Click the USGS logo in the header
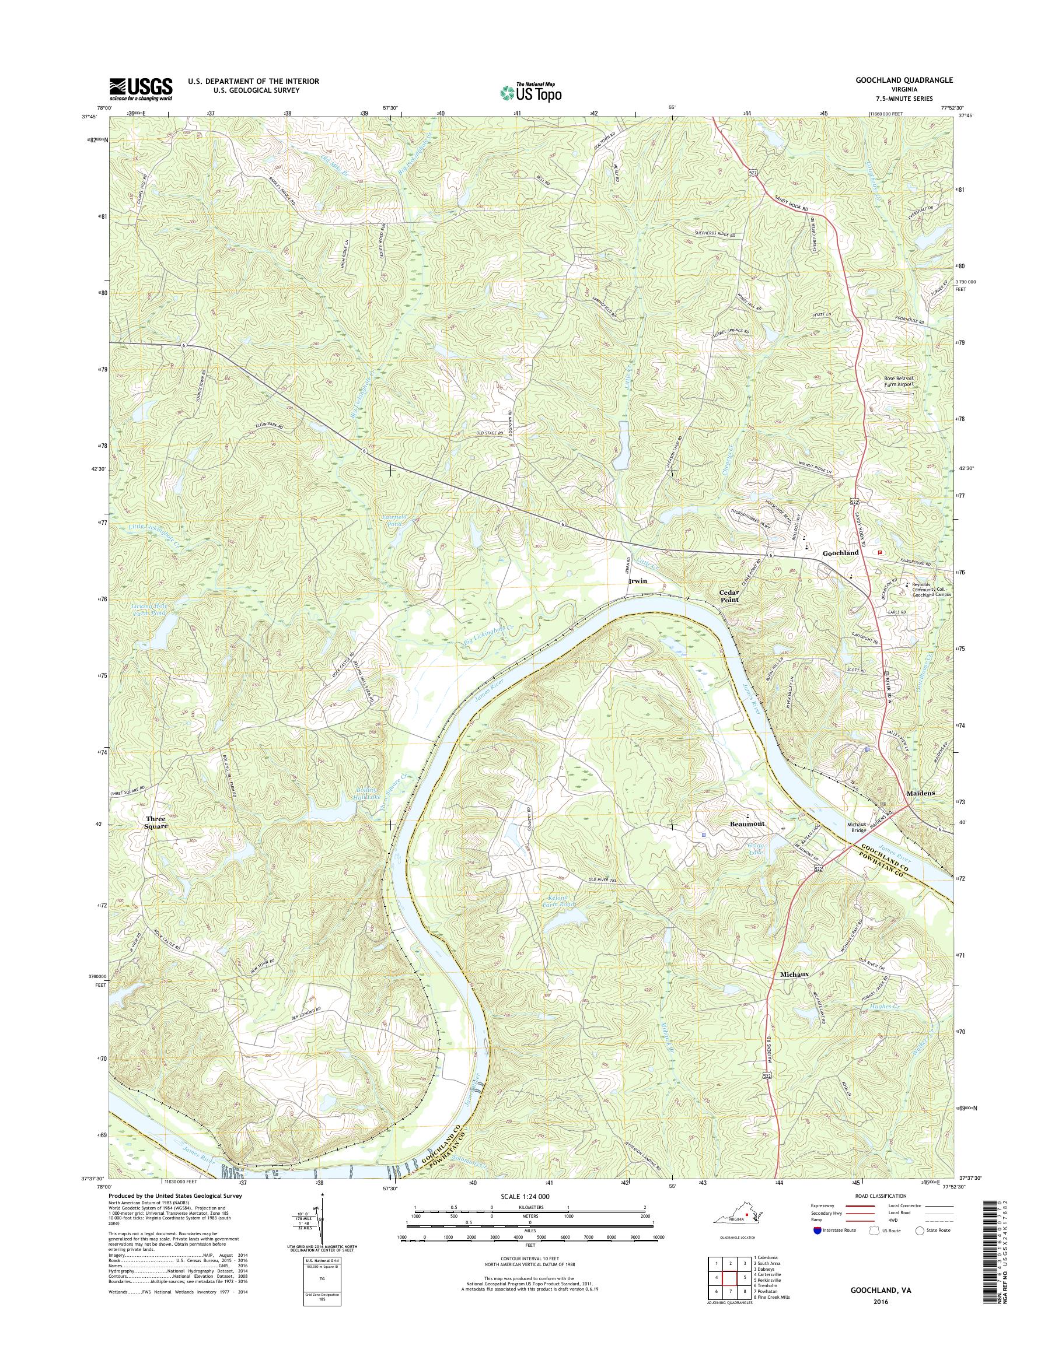click(141, 89)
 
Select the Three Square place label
click(155, 822)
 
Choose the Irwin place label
click(637, 580)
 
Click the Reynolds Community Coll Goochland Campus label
click(931, 589)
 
